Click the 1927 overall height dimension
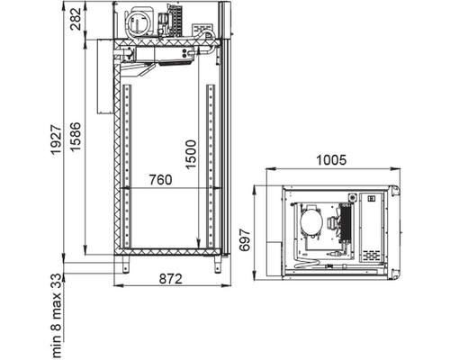(56, 140)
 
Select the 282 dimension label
(76, 19)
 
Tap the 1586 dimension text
(76, 137)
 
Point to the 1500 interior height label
(191, 154)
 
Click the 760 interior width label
(161, 180)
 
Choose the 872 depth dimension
(170, 279)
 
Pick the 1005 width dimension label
(331, 160)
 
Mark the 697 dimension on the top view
(245, 239)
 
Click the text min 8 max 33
(56, 316)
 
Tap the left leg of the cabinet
(125, 265)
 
